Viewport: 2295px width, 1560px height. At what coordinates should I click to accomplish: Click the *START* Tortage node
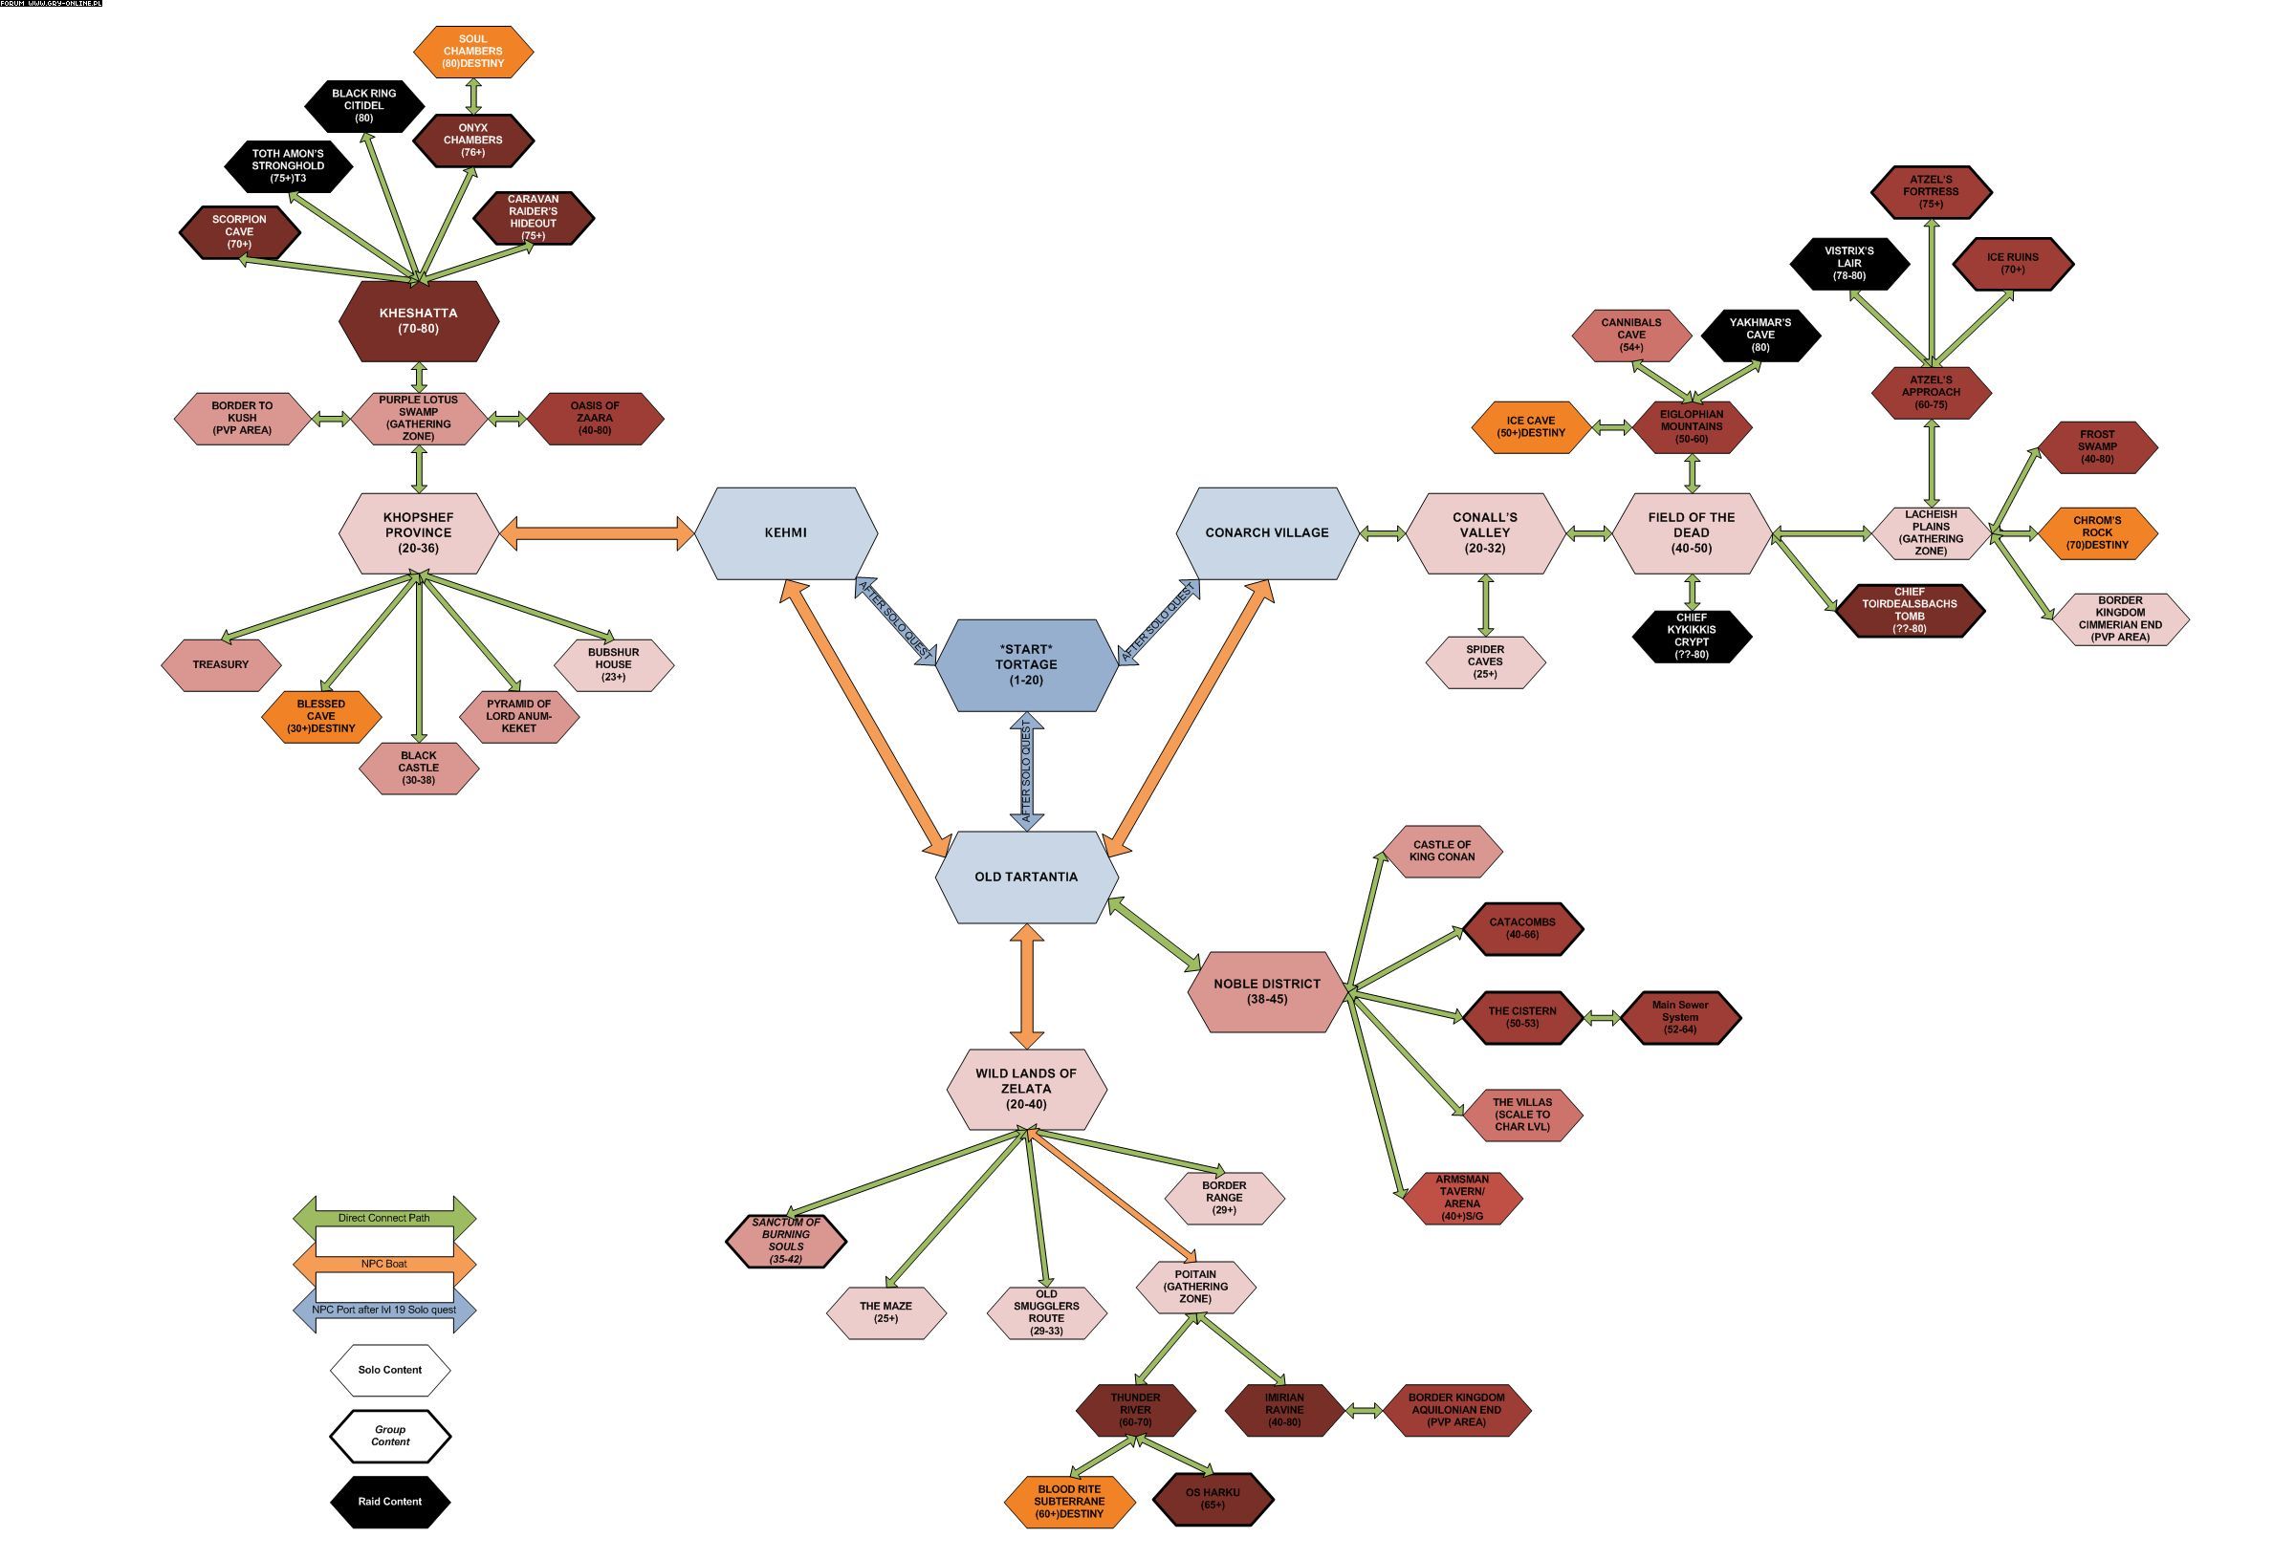(1026, 664)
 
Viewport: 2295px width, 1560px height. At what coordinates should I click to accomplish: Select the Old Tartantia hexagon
(1026, 877)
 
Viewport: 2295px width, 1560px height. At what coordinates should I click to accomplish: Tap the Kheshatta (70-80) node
(419, 321)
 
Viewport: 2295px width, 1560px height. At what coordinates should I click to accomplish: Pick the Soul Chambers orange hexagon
(473, 52)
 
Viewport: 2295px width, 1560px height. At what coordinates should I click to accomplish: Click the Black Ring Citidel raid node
(364, 106)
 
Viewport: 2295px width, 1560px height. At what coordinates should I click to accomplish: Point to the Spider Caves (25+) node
(1484, 661)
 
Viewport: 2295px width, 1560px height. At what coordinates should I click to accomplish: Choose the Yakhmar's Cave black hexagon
(1759, 335)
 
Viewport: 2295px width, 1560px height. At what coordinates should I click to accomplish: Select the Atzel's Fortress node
(1931, 191)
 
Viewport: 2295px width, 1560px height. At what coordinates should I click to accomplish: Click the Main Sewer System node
(1680, 1017)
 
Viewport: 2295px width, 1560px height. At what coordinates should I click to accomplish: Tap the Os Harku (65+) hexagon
(1213, 1499)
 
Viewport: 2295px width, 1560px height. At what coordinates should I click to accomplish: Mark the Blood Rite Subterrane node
(1069, 1501)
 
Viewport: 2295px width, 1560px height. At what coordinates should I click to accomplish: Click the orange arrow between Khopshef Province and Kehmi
(598, 532)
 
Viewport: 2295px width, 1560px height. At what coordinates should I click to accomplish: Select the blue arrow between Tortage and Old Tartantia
(1026, 771)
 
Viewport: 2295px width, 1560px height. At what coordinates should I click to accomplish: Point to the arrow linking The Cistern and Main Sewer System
(1602, 1017)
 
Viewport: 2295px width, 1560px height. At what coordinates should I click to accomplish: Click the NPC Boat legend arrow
(384, 1264)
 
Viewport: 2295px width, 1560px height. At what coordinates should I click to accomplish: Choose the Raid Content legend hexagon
(390, 1502)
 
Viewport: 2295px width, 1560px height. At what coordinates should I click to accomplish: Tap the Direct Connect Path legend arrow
(384, 1218)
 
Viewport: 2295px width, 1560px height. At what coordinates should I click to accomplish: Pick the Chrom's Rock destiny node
(2096, 533)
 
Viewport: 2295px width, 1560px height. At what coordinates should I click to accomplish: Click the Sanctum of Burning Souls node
(786, 1241)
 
